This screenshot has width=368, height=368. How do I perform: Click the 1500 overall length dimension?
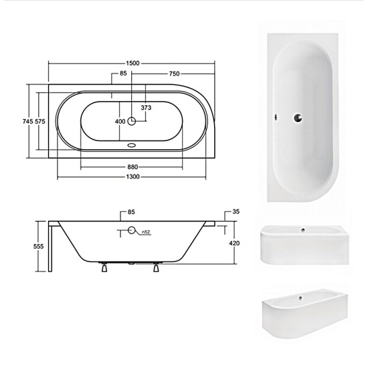tap(132, 63)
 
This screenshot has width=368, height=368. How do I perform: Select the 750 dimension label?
tap(175, 74)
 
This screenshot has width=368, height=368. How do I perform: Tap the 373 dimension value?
tap(146, 108)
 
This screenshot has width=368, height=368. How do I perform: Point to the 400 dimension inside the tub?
tap(120, 122)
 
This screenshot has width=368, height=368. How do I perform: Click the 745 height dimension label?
tap(27, 121)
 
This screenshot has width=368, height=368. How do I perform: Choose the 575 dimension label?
tap(40, 121)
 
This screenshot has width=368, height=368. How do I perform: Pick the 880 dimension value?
tap(132, 167)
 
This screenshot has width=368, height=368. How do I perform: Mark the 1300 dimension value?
tap(133, 177)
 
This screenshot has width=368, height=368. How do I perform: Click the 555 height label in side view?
tap(39, 246)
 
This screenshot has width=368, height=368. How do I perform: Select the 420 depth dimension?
tap(234, 243)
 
